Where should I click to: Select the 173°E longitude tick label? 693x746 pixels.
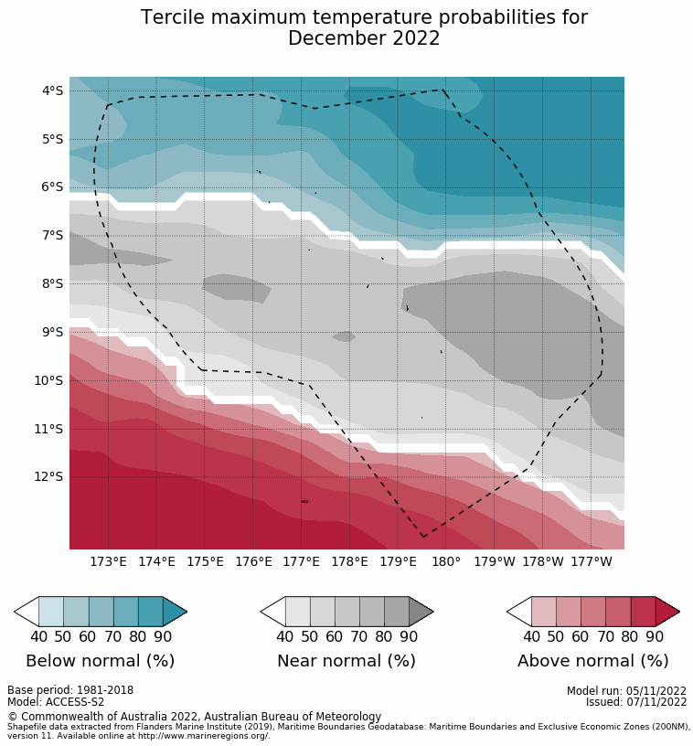[x=108, y=561]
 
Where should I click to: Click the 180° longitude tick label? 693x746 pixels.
[x=446, y=561]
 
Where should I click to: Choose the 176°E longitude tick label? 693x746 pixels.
[x=253, y=561]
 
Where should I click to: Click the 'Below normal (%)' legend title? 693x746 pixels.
[x=100, y=661]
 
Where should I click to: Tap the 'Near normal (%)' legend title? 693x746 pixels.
[x=346, y=661]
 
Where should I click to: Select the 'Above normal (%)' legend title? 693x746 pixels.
[x=593, y=661]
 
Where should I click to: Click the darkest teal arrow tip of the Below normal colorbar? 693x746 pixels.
[x=175, y=611]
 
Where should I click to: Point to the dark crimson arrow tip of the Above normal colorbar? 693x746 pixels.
[x=667, y=611]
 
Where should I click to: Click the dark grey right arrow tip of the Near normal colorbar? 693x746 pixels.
[x=421, y=611]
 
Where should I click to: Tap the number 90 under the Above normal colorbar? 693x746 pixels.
[x=655, y=636]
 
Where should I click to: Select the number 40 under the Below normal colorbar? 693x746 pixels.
[x=38, y=636]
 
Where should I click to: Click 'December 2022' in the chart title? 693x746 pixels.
[x=364, y=38]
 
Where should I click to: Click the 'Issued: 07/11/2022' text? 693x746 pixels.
[x=636, y=702]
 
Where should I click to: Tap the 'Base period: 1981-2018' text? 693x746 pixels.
[x=70, y=690]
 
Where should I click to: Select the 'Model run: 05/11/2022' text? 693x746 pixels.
[x=626, y=690]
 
